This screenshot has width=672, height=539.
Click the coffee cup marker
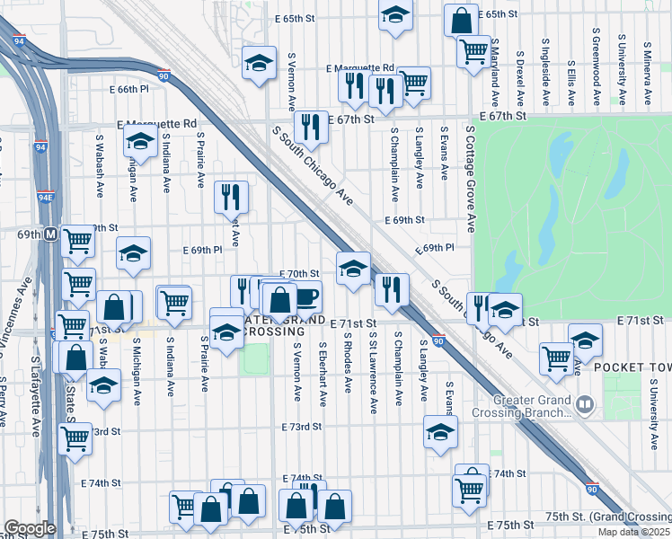pyautogui.click(x=306, y=295)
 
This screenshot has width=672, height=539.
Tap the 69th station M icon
pyautogui.click(x=51, y=234)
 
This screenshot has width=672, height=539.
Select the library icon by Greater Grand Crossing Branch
pyautogui.click(x=586, y=405)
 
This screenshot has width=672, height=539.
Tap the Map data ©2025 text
pyautogui.click(x=634, y=532)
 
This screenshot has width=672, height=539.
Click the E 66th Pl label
pyautogui.click(x=138, y=90)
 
